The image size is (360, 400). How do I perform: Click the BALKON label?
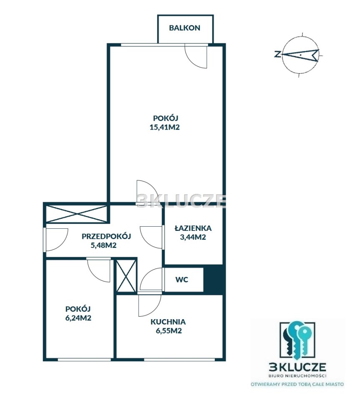pos(185,28)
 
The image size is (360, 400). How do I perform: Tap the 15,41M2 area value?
pos(165,127)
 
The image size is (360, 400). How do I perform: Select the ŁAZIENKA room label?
pos(193,227)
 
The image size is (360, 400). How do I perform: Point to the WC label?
pos(182,280)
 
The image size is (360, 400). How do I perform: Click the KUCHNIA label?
pos(168,322)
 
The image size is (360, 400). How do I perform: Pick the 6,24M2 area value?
pos(78,318)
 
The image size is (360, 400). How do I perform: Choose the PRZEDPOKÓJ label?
pos(106,236)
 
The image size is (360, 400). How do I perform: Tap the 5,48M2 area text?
pos(103,245)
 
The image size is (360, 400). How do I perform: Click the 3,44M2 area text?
pos(193,237)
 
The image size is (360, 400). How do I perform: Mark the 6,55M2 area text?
pos(169,331)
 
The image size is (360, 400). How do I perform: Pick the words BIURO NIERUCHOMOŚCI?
pos(298,375)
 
